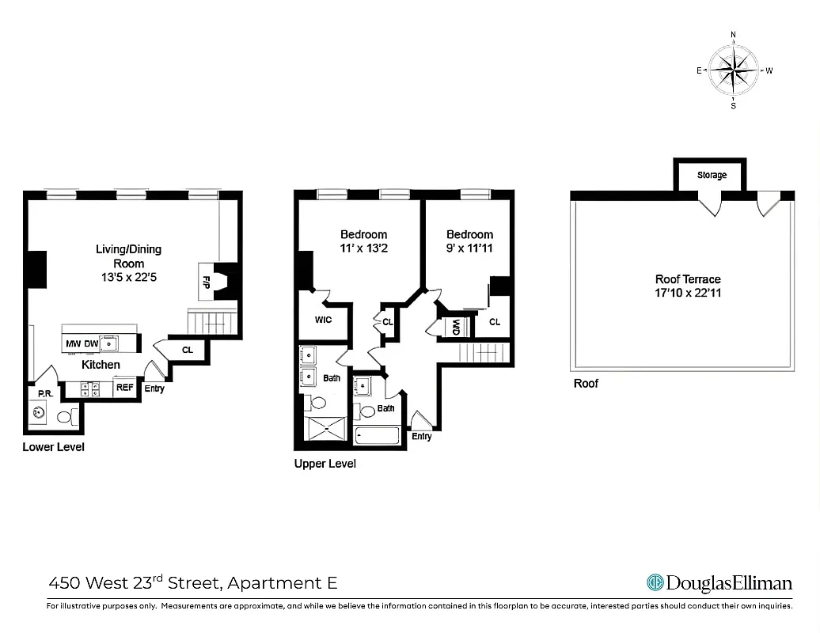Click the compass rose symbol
click(x=734, y=70)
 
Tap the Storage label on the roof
click(x=712, y=175)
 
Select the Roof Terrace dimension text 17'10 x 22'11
click(x=688, y=292)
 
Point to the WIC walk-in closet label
click(x=323, y=320)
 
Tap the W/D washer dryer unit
click(x=457, y=327)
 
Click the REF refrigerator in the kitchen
click(x=125, y=387)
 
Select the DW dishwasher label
click(x=91, y=343)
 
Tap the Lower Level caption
click(x=54, y=447)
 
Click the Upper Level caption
click(x=325, y=464)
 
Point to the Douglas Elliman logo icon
click(x=655, y=582)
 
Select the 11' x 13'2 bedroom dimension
click(x=363, y=248)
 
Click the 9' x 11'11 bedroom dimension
click(x=469, y=248)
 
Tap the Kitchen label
click(x=101, y=365)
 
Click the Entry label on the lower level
click(x=154, y=389)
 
